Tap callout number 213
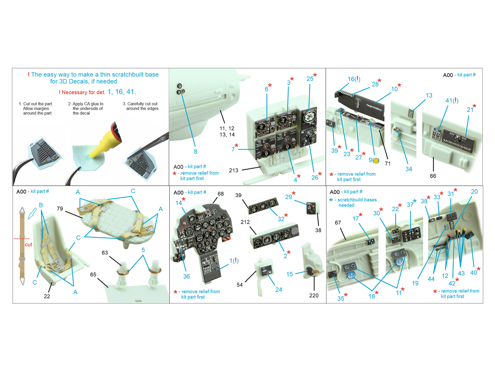(233, 170)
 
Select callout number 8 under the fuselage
(195, 151)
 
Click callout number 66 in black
(433, 176)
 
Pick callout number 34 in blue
(409, 169)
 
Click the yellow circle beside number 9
(376, 160)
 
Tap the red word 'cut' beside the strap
(28, 245)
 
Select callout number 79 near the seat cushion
(60, 209)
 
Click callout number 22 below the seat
(47, 296)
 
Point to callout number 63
(105, 253)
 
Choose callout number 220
(314, 295)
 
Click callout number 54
(239, 285)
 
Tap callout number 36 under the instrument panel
(186, 276)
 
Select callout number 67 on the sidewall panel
(338, 223)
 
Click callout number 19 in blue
(415, 283)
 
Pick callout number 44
(431, 279)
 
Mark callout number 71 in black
(387, 164)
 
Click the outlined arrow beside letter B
(32, 213)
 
